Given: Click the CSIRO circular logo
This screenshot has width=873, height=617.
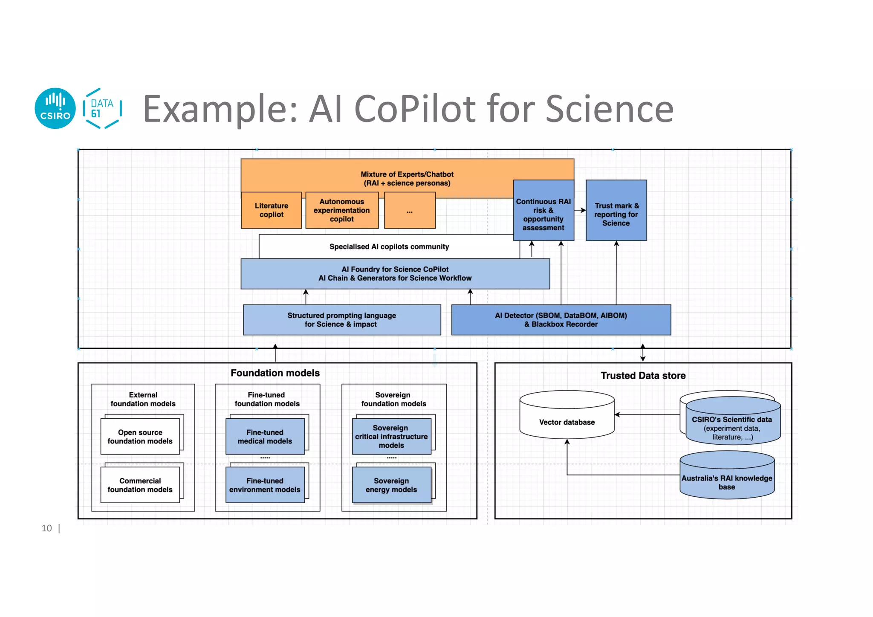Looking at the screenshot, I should pos(55,108).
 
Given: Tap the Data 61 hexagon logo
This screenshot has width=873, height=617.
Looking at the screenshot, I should pos(102,108).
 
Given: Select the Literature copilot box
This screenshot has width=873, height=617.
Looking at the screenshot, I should pos(271,210).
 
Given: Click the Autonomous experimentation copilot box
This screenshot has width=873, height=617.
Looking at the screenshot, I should pos(342,210).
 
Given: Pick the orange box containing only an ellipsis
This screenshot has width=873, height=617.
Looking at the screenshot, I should pos(410,210).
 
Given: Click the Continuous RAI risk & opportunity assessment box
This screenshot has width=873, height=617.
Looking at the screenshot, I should pos(543,214).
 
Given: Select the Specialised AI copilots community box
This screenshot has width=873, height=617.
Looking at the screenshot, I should pos(389,246).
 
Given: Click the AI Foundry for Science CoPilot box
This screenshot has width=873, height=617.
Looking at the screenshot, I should pos(395,274).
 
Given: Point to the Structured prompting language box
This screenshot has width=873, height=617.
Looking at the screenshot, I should pos(341,320).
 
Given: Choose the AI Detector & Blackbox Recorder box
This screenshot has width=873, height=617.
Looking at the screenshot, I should pos(561,320).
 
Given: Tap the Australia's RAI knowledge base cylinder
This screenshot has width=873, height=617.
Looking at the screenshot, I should pos(726,480).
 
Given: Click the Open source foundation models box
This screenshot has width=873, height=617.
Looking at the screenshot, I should pos(140,437).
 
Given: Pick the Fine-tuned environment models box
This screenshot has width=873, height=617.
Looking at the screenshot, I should pos(265,485).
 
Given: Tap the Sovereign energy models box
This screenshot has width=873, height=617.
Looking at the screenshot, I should pos(391,485).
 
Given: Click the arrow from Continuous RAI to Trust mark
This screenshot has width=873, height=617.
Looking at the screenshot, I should pos(580,210).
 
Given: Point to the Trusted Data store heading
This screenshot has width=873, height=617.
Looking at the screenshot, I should pos(643,376).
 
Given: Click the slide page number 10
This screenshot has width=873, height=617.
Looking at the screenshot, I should pos(46,528).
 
